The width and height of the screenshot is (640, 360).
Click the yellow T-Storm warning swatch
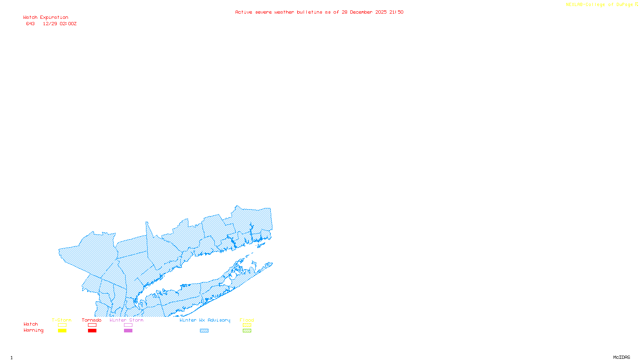[x=62, y=331]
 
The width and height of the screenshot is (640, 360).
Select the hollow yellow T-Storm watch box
[x=62, y=325]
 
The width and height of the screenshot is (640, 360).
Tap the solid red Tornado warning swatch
[x=92, y=331]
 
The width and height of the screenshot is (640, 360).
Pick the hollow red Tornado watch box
[x=92, y=325]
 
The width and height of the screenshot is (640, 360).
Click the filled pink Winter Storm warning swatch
[x=128, y=331]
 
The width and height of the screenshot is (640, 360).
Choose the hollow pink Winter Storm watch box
[x=128, y=325]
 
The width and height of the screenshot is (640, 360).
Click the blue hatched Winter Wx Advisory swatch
[x=204, y=331]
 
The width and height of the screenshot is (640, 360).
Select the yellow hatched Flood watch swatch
[x=247, y=325]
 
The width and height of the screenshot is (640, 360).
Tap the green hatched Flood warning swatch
[x=247, y=331]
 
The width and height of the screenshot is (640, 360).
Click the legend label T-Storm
[x=62, y=320]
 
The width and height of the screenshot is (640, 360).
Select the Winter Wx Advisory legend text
[x=205, y=320]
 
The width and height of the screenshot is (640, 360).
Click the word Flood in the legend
[x=247, y=320]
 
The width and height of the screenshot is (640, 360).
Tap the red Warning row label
[x=33, y=330]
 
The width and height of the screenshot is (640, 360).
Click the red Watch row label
[x=31, y=324]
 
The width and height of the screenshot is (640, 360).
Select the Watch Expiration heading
[x=46, y=18]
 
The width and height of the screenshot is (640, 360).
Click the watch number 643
[x=30, y=24]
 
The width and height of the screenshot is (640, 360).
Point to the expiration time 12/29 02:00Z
[x=60, y=24]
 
